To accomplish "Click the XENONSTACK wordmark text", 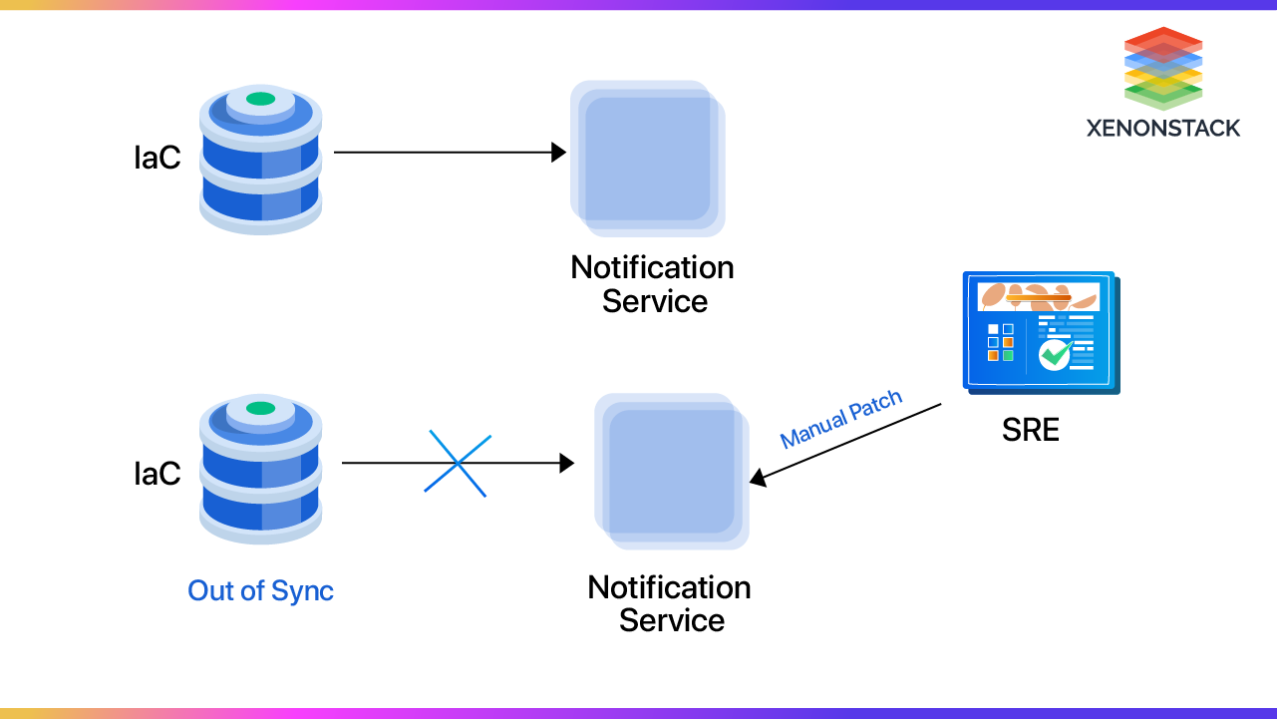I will (1163, 128).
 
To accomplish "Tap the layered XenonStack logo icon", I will (1163, 68).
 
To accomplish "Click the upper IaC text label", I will (158, 158).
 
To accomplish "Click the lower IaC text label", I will (158, 473).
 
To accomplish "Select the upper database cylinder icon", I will (260, 160).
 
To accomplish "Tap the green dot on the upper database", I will (260, 99).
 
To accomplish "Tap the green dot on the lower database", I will (260, 408).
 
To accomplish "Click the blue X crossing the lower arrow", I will (457, 463).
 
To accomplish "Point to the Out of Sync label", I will (260, 590).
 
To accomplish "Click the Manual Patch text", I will (840, 419).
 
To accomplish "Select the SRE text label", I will (1030, 430).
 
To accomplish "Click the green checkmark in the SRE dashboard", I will (1055, 354).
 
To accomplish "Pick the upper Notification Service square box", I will (647, 158).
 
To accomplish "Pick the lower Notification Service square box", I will (672, 471).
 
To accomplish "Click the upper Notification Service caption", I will (653, 284).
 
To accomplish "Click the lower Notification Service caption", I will (670, 603).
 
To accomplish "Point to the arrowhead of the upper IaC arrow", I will (559, 153).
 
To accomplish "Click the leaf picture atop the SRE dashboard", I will (1038, 296).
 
